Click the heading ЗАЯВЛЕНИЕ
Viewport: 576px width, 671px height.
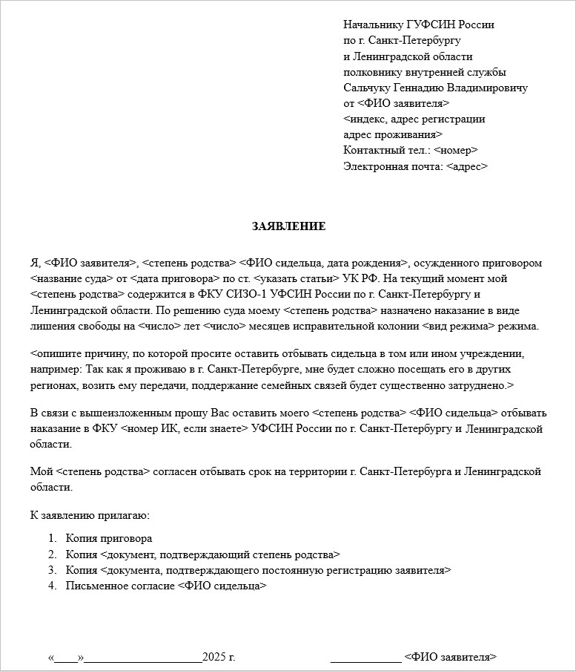coord(288,226)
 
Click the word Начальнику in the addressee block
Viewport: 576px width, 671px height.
coord(374,24)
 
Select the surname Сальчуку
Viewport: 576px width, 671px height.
coord(368,88)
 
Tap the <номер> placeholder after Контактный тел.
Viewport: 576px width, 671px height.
coord(455,151)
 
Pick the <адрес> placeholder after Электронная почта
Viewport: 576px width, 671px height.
coord(466,167)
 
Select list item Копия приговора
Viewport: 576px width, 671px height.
coord(109,538)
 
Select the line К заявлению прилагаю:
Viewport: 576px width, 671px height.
coord(90,514)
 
